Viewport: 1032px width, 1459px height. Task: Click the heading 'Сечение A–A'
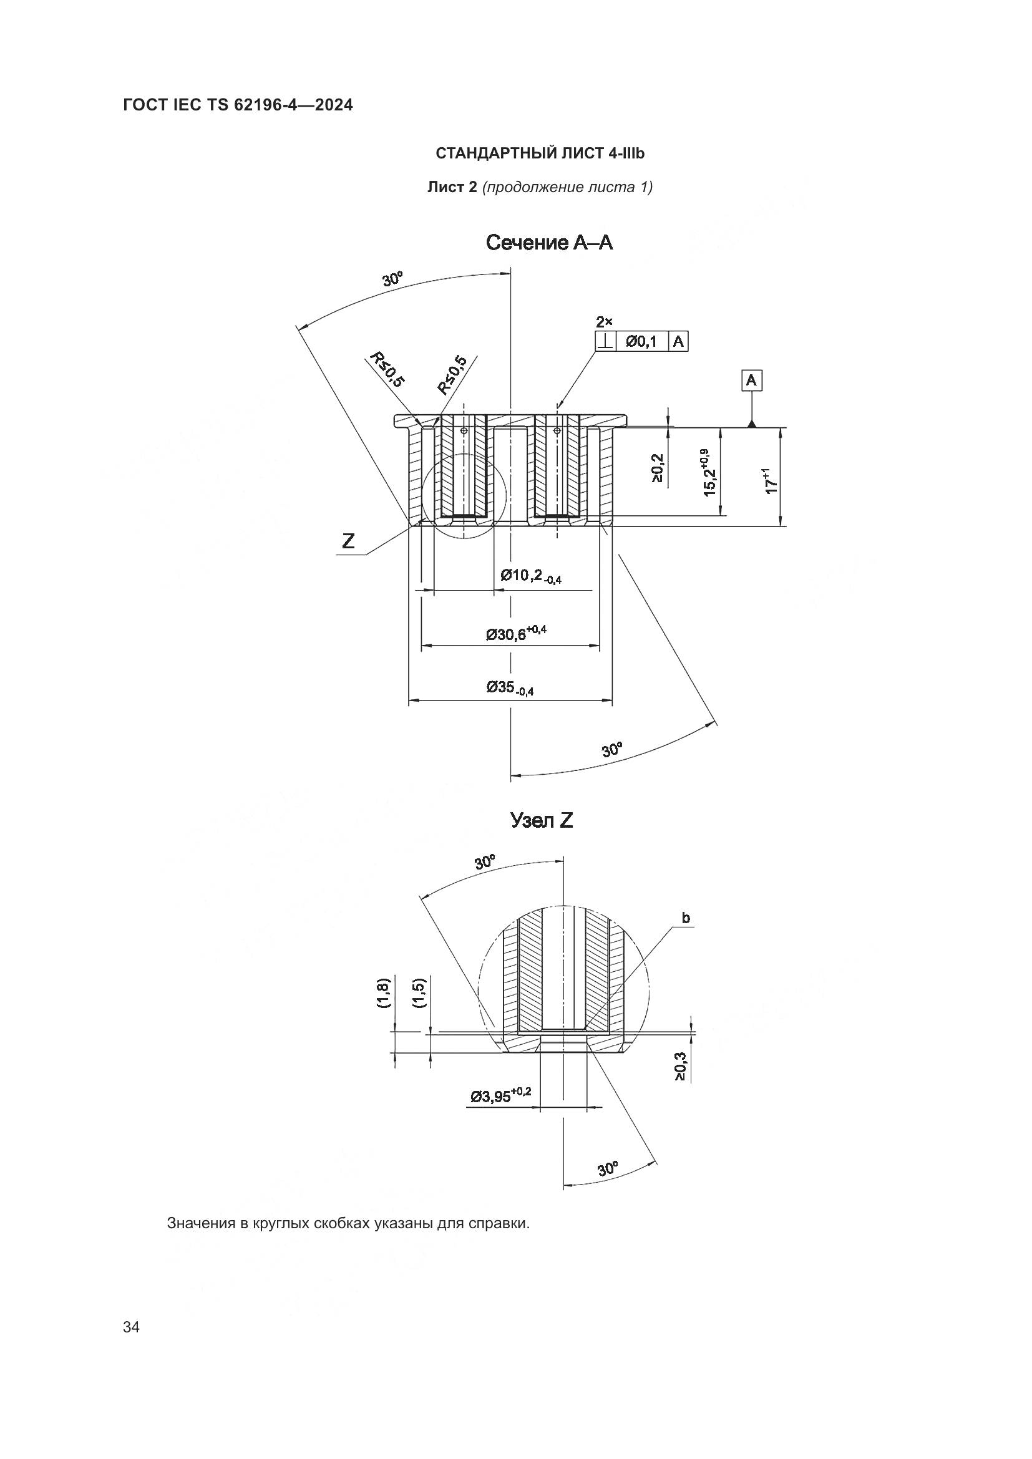pyautogui.click(x=549, y=243)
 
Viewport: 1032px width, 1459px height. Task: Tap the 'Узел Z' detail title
pyautogui.click(x=542, y=820)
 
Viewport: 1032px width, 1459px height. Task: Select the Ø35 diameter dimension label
pyautogui.click(x=510, y=687)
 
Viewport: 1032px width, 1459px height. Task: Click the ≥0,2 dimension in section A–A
pyautogui.click(x=657, y=468)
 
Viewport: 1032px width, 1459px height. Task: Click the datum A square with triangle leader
pyautogui.click(x=752, y=381)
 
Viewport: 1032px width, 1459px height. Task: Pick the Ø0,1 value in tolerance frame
pyautogui.click(x=641, y=342)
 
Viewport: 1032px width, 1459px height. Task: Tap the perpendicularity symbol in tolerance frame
pyautogui.click(x=606, y=342)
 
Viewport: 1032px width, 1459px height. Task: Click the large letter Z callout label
pyautogui.click(x=348, y=541)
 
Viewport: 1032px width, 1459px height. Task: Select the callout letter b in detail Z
pyautogui.click(x=686, y=918)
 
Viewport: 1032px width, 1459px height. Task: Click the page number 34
pyautogui.click(x=131, y=1327)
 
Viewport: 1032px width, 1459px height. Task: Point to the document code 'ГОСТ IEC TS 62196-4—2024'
pyautogui.click(x=238, y=105)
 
